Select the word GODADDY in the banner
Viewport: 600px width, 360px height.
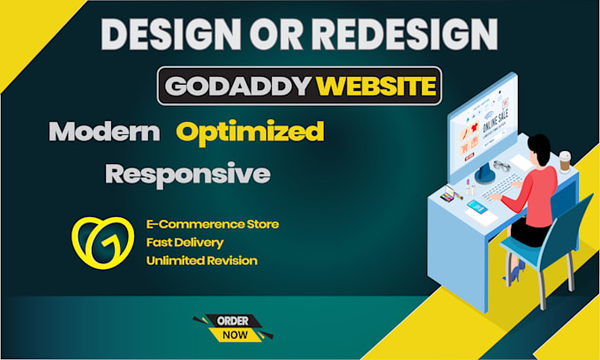pyautogui.click(x=235, y=87)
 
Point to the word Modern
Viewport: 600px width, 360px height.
pyautogui.click(x=104, y=132)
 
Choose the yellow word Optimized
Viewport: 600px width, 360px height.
pyautogui.click(x=250, y=132)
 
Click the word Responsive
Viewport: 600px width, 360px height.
pyautogui.click(x=187, y=173)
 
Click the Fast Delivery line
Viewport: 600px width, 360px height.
pyautogui.click(x=184, y=242)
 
